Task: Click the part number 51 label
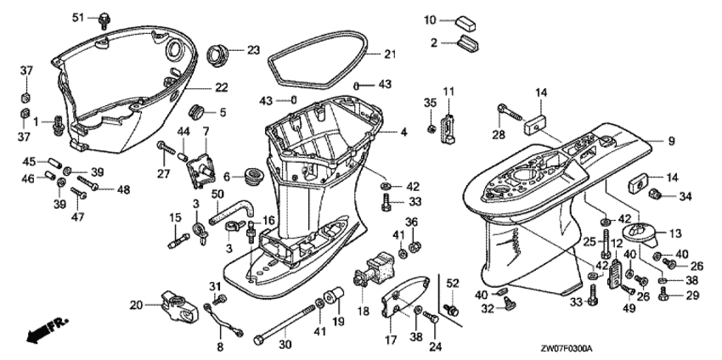click(78, 17)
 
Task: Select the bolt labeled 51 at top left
click(104, 20)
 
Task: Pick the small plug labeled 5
click(196, 112)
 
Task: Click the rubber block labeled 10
click(466, 24)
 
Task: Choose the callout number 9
click(671, 142)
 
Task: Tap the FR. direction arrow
click(47, 329)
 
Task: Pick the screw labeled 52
click(451, 310)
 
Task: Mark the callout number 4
click(403, 132)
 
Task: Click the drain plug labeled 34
click(654, 194)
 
